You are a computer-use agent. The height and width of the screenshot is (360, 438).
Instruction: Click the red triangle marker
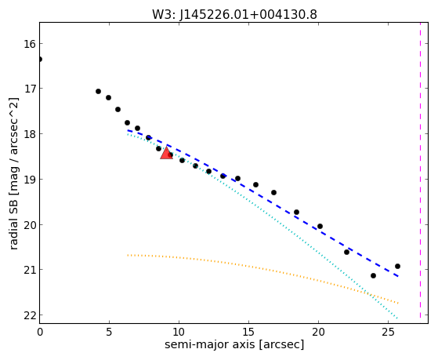166,153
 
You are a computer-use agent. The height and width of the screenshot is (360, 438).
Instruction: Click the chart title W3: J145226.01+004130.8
234,15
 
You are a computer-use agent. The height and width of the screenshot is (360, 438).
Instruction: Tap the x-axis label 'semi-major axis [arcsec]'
234,344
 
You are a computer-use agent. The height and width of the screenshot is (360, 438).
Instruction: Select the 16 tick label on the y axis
29,44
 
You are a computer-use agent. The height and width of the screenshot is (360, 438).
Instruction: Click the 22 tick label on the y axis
29,315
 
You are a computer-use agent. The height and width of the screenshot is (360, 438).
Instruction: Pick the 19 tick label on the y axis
29,180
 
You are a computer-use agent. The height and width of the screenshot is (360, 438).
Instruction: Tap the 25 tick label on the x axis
388,332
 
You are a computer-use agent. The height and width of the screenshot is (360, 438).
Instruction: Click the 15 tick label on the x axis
248,332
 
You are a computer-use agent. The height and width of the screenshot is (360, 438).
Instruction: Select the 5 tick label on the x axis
109,332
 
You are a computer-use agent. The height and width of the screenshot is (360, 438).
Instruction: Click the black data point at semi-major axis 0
40,60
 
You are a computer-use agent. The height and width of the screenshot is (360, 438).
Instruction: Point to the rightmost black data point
397,267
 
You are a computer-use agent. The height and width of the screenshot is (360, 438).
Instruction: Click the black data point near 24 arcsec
373,276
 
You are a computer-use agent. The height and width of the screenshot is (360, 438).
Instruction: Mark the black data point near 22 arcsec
346,252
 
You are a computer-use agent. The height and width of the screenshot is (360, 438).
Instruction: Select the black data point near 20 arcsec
320,227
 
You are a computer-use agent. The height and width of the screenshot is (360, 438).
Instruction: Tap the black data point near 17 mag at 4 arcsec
98,92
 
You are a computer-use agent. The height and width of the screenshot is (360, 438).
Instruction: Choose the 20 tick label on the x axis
318,332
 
